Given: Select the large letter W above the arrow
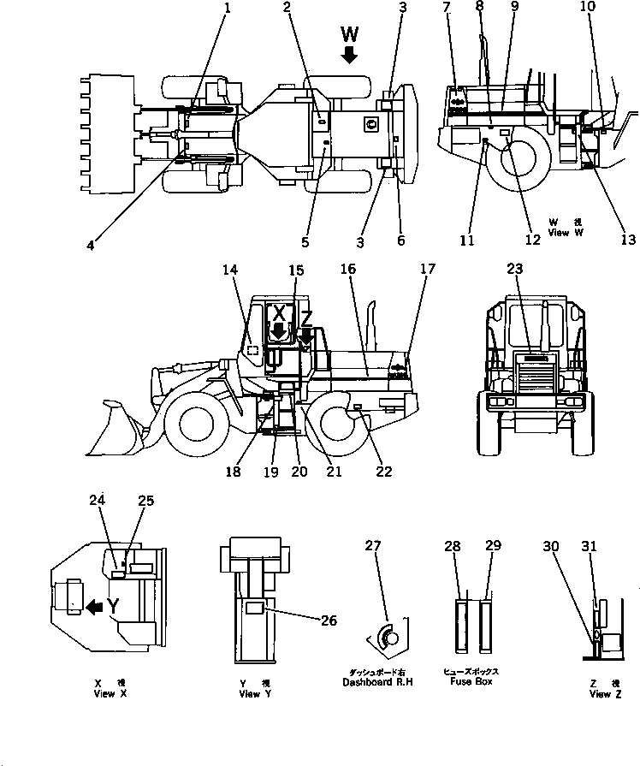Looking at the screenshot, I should (x=349, y=34).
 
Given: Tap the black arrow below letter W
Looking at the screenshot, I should (x=349, y=55).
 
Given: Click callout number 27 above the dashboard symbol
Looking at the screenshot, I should (x=372, y=546).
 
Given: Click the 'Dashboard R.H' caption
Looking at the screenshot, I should (x=377, y=682).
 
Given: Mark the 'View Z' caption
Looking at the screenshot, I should (x=600, y=694).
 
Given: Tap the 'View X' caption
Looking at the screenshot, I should (x=110, y=694).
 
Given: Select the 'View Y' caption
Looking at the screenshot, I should (x=250, y=694).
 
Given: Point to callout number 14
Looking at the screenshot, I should (x=229, y=268).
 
